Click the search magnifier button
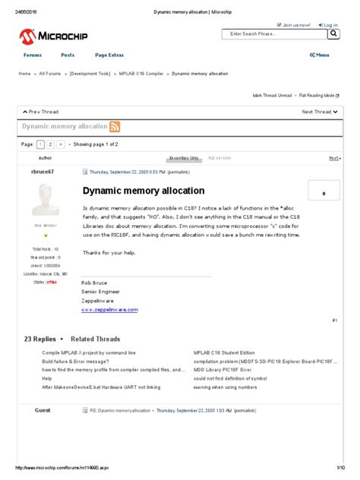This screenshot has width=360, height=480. coord(333,34)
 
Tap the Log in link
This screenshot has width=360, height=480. coord(329,24)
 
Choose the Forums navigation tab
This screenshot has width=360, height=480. coord(33,55)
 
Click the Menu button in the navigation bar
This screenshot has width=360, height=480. coord(319,55)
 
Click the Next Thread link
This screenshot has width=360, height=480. coord(319,112)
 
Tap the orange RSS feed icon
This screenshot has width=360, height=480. coord(115,127)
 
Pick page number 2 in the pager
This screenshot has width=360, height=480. coord(50,144)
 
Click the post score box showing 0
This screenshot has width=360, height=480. coord(324,193)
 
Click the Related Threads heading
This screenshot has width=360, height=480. coord(95,339)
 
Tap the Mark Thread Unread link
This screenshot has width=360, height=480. coord(272,96)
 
